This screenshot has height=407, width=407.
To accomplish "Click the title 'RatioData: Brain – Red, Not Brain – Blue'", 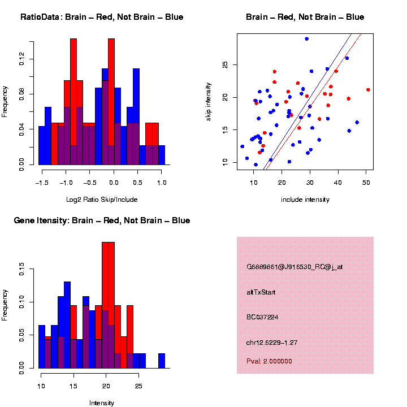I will (102, 17).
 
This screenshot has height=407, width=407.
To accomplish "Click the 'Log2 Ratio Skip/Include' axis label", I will (102, 199).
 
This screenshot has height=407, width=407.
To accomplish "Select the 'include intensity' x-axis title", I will (305, 199).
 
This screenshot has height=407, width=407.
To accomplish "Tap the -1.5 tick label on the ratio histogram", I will (41, 183).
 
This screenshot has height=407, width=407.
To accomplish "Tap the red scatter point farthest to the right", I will (368, 89).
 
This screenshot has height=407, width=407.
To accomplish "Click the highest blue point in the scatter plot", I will (306, 38).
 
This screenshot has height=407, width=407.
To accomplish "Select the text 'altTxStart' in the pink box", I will (261, 292).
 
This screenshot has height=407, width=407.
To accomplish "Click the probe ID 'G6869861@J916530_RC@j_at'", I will (295, 267).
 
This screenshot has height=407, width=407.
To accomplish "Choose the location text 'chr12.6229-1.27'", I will (272, 343).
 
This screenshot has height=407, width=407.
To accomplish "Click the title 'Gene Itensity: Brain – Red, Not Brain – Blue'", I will (102, 220).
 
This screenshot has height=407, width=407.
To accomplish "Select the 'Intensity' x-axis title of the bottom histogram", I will (102, 403).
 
